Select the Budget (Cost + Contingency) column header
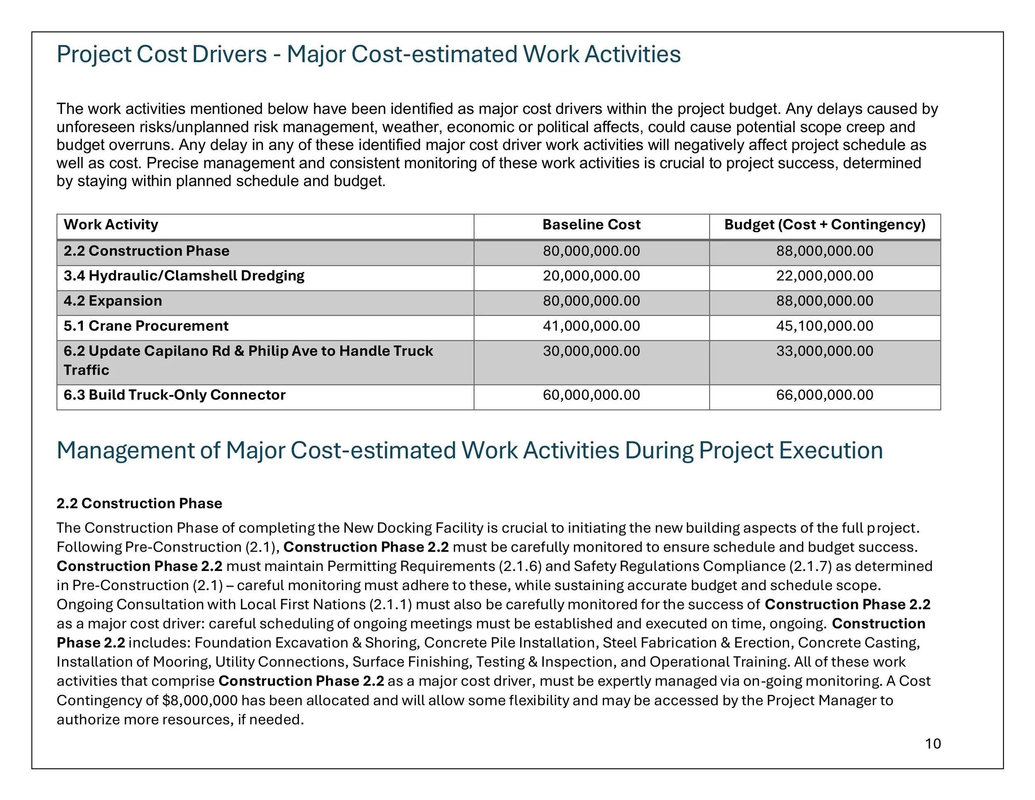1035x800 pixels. (825, 225)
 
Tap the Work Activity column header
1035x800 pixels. (111, 225)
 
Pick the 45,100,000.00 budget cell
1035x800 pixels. (825, 326)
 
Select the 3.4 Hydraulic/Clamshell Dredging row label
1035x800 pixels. (184, 276)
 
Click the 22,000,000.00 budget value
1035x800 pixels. (825, 276)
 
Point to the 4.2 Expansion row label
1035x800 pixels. (113, 301)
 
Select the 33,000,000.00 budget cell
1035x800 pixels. (825, 351)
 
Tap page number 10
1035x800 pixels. (933, 744)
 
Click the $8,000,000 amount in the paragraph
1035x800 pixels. (200, 701)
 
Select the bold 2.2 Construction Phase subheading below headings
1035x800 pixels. (140, 504)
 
